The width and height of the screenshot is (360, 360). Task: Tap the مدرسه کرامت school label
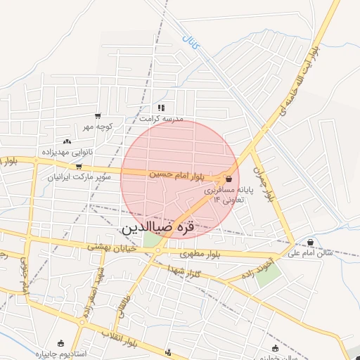click(x=161, y=120)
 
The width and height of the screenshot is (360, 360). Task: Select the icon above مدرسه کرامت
click(x=161, y=108)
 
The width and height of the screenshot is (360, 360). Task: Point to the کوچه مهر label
click(x=97, y=127)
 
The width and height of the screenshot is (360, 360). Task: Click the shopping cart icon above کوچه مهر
click(x=97, y=116)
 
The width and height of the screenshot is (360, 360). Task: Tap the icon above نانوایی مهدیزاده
click(x=67, y=141)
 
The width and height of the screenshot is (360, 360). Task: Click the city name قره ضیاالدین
click(x=166, y=227)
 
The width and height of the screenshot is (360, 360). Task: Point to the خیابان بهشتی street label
click(x=112, y=247)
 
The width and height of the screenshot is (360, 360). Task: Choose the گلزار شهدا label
click(x=186, y=271)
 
